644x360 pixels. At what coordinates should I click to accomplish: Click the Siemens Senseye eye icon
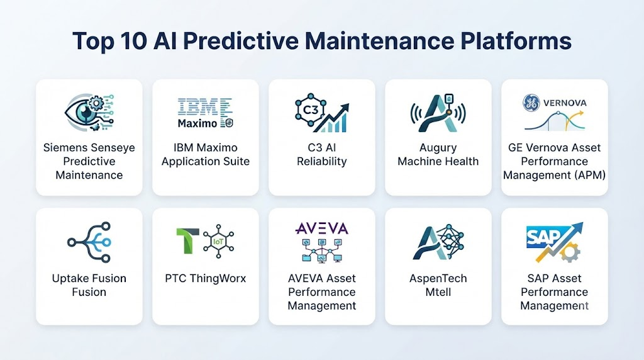[89, 112]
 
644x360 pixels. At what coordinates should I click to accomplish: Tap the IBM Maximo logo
[205, 113]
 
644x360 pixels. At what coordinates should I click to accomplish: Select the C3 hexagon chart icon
[321, 113]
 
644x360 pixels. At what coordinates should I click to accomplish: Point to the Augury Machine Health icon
[438, 113]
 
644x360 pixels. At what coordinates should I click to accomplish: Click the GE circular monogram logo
[531, 103]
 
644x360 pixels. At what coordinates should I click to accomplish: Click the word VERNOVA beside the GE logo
[565, 103]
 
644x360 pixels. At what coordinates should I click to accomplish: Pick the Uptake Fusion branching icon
[89, 242]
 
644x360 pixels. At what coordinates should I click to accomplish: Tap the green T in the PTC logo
[187, 241]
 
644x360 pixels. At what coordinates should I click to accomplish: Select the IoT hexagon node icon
[218, 242]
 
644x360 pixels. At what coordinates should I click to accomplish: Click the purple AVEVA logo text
[321, 228]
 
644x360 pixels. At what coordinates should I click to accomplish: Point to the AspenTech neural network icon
[438, 242]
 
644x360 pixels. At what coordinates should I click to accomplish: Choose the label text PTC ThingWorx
[206, 278]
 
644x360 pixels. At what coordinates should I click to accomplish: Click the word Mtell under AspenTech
[438, 292]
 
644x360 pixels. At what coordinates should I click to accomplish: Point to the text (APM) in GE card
[590, 176]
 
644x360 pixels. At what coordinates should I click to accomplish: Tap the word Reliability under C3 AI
[321, 162]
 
